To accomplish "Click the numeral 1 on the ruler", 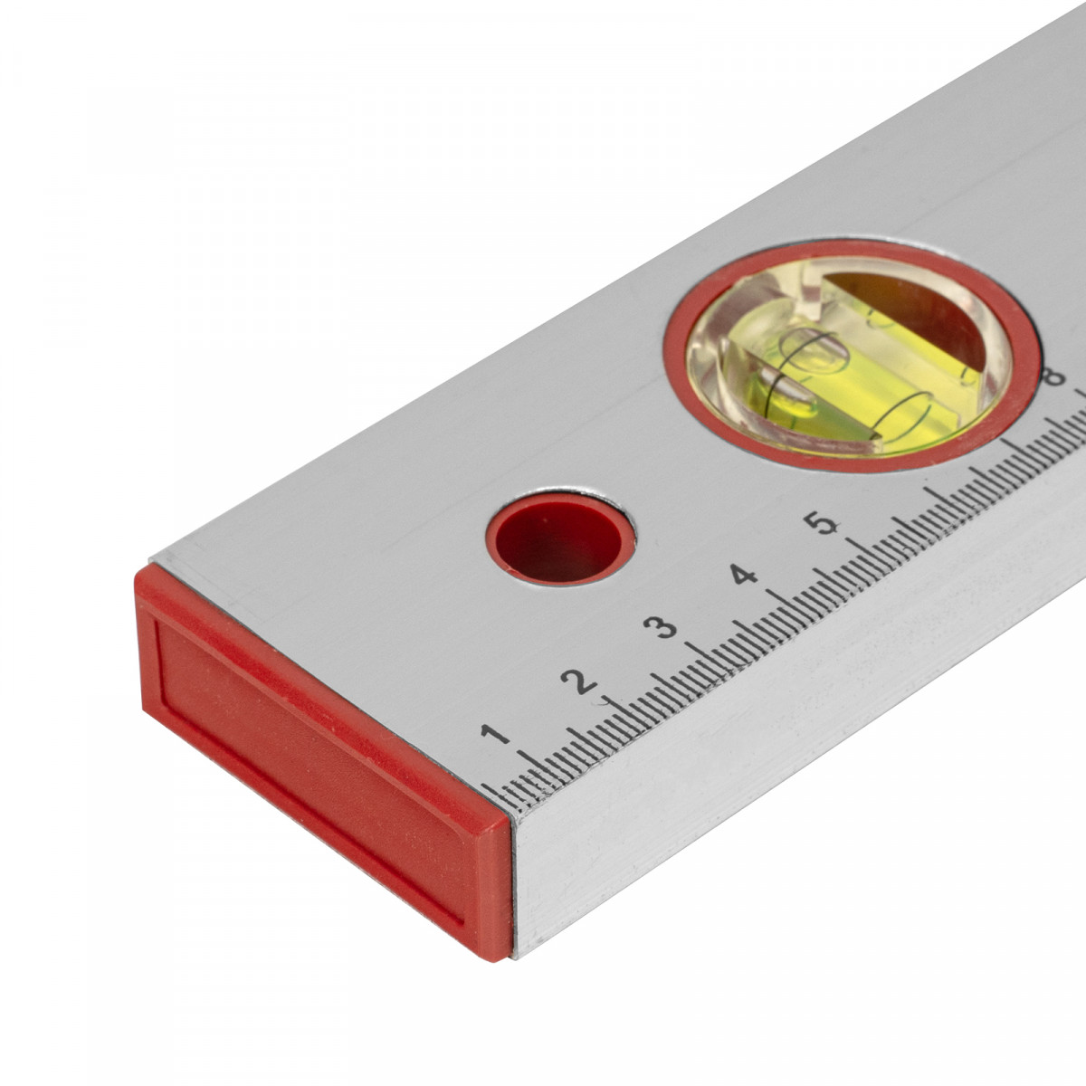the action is tap(495, 735).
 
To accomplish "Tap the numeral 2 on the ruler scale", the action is tap(579, 681).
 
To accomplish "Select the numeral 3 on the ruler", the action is tap(661, 627).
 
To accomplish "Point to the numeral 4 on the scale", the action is tap(743, 576).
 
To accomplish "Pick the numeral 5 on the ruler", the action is tap(824, 523).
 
